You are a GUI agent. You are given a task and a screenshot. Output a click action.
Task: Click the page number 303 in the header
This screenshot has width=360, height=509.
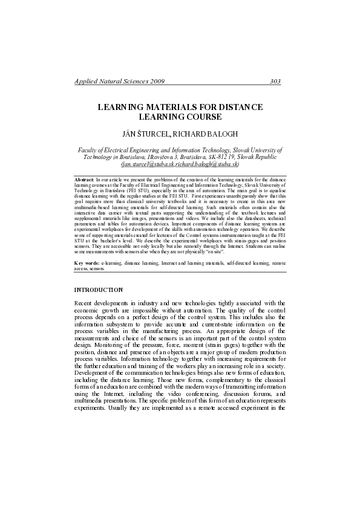pos(275,81)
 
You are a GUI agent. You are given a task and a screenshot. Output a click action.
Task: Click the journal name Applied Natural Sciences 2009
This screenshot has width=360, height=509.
pos(119,81)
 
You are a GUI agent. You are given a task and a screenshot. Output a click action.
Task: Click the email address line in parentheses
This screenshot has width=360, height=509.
pos(180,164)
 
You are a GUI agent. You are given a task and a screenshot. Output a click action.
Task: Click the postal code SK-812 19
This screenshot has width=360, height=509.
pos(216,157)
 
